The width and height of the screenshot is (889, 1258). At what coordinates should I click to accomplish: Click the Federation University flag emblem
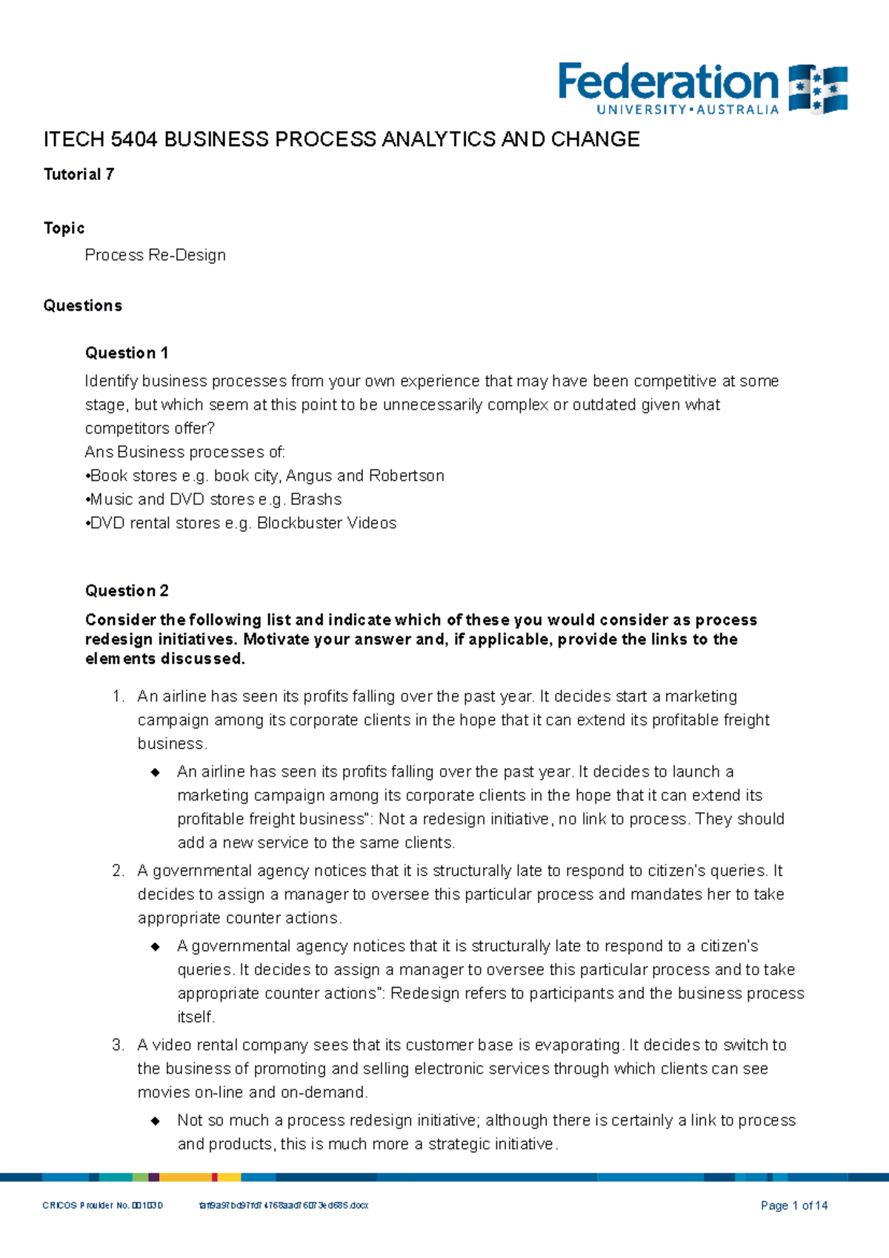click(x=818, y=88)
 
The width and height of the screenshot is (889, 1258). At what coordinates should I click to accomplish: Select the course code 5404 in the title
click(x=133, y=139)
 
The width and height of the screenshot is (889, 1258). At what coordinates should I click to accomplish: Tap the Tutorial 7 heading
click(x=79, y=174)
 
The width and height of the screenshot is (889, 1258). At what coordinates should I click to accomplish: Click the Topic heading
click(x=64, y=228)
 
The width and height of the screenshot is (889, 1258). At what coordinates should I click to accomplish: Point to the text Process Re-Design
click(x=155, y=255)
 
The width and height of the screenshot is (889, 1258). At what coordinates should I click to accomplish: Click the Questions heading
click(x=82, y=306)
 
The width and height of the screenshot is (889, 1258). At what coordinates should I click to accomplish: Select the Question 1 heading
click(x=127, y=353)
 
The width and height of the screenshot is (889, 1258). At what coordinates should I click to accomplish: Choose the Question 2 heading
click(x=127, y=590)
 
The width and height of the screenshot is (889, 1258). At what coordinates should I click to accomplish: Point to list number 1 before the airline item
click(x=118, y=696)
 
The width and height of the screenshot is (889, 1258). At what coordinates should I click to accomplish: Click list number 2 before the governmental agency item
click(x=118, y=871)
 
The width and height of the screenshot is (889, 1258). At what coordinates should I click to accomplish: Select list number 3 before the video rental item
click(x=118, y=1045)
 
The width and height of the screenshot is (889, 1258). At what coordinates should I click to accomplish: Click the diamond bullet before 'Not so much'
click(x=156, y=1121)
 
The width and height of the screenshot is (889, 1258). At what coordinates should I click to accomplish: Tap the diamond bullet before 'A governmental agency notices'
click(x=156, y=947)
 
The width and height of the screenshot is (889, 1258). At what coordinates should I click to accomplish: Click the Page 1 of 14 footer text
click(x=794, y=1205)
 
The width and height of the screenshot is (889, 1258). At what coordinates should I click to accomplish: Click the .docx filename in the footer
click(x=283, y=1205)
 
